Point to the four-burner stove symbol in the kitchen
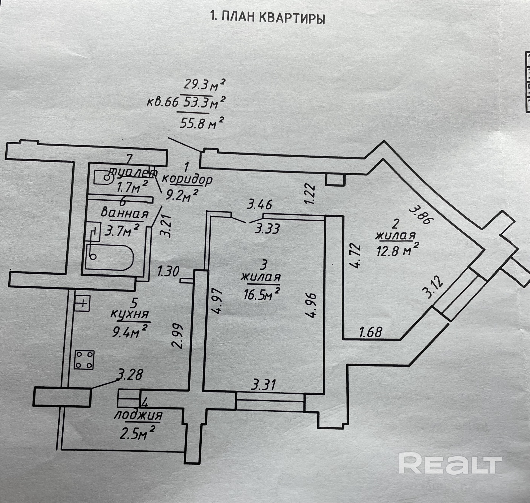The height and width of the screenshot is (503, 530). point(84,360)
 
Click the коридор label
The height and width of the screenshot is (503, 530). point(187,180)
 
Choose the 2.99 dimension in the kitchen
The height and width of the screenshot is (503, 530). point(178,337)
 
